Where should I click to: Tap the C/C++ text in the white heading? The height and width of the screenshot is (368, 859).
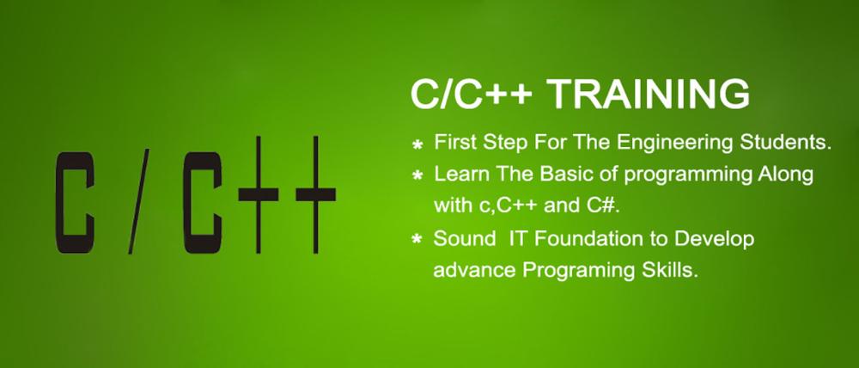tap(472, 94)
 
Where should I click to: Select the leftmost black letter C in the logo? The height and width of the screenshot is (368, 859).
tap(75, 202)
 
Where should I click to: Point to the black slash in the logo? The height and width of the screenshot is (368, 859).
tap(138, 202)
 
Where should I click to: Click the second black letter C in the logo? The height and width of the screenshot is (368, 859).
tap(203, 202)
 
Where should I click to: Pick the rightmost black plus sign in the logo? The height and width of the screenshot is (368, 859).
tap(315, 194)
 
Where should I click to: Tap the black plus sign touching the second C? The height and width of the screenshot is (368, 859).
tap(258, 194)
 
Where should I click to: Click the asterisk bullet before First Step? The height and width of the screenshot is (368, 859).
tap(417, 144)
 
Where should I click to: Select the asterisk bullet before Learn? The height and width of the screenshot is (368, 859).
tap(417, 176)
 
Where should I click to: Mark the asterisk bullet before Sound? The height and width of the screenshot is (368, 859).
tap(417, 240)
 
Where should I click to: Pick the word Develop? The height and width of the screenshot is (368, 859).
tap(715, 240)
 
